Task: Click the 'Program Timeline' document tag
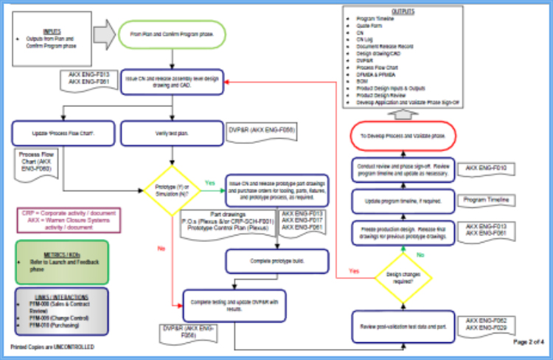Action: click(485, 200)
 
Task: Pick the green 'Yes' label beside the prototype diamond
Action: click(210, 181)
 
